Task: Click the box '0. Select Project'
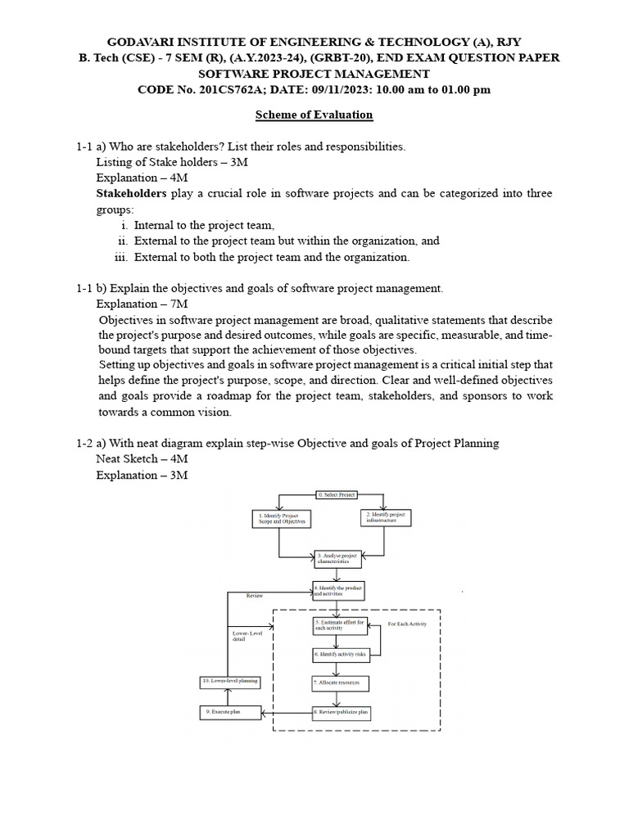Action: (x=338, y=495)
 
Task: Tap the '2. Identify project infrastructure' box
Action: (x=385, y=517)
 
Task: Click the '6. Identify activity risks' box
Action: (x=341, y=655)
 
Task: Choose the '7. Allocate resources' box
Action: (x=340, y=682)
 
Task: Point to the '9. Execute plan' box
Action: (x=230, y=713)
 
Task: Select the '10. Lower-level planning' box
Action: (x=230, y=681)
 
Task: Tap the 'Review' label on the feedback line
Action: (x=255, y=596)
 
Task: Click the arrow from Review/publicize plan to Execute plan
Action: (x=286, y=713)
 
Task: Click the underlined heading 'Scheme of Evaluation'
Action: (x=314, y=115)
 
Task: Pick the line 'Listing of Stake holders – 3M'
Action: (x=172, y=162)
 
